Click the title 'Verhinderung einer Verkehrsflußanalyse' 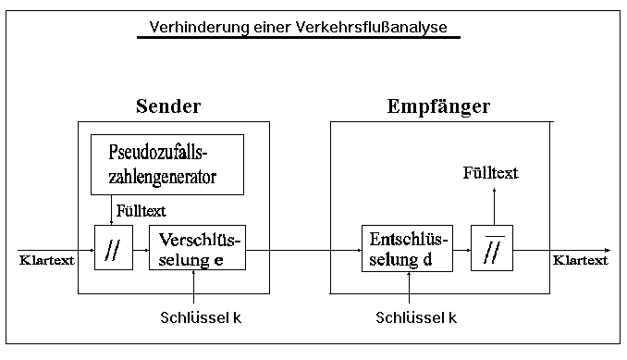pos(298,27)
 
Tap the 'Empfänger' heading pos(437,106)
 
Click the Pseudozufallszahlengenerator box pos(166,165)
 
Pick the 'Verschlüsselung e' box pos(198,249)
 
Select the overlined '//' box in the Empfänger pos(492,249)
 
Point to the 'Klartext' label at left pos(46,260)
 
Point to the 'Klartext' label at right pos(581,260)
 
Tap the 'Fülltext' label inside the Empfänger pos(490,172)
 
